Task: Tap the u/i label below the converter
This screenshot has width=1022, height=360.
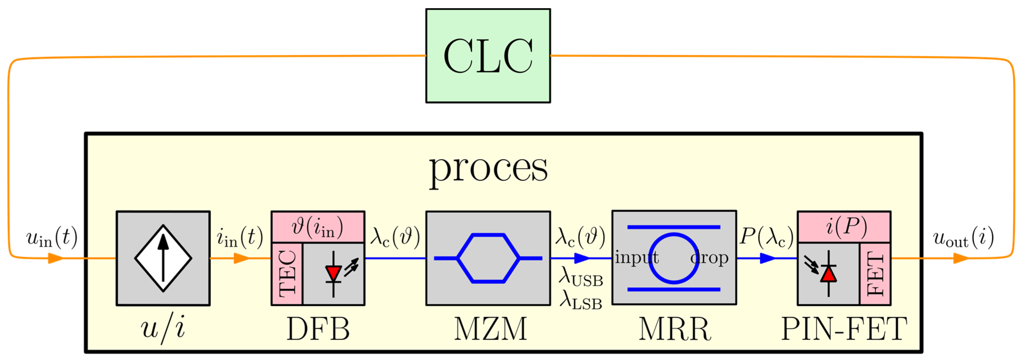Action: point(163,329)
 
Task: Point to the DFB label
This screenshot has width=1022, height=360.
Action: point(318,329)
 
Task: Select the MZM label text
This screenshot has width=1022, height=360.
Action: point(490,329)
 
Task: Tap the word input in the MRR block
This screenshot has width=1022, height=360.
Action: point(636,258)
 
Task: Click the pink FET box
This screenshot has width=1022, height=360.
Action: point(875,274)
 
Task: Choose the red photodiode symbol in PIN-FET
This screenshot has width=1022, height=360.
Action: point(828,274)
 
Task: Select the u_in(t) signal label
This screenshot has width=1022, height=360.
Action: point(52,237)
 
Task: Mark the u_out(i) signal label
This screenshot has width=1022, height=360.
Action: point(963,237)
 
